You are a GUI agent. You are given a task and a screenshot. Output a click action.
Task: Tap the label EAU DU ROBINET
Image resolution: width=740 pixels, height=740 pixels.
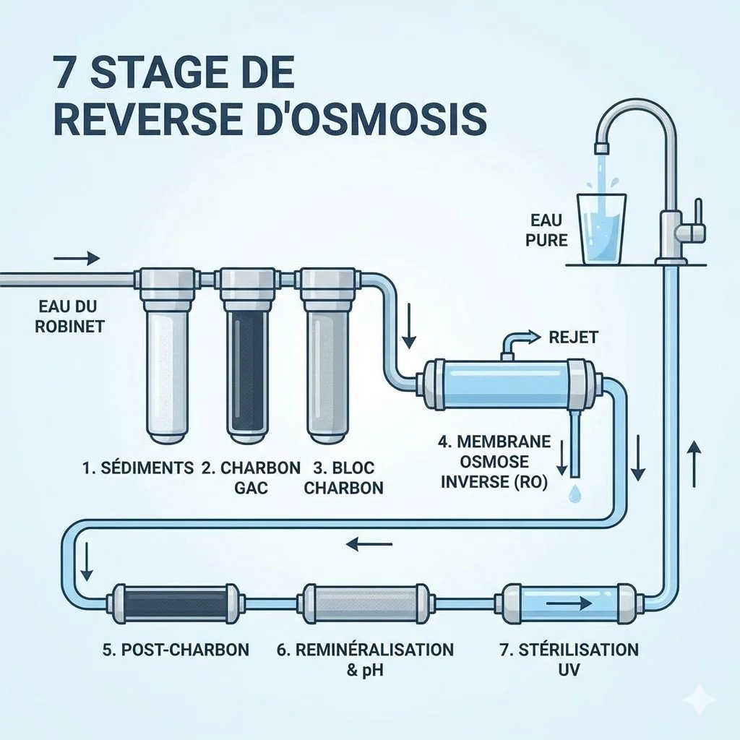(x=69, y=315)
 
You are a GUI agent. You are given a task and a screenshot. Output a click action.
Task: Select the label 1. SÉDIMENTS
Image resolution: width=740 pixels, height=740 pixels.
(x=137, y=468)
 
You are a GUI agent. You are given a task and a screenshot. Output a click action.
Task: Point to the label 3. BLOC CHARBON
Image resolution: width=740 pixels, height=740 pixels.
(x=343, y=477)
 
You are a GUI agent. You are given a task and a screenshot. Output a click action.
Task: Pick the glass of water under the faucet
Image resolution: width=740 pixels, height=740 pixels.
(x=603, y=227)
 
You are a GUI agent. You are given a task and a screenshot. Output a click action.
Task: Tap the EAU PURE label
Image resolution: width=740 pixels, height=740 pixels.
(x=547, y=230)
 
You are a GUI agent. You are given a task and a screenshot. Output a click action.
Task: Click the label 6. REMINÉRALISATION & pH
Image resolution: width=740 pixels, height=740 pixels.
(x=366, y=658)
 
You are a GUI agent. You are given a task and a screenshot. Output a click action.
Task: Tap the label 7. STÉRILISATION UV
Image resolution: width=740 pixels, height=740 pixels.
(x=569, y=658)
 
